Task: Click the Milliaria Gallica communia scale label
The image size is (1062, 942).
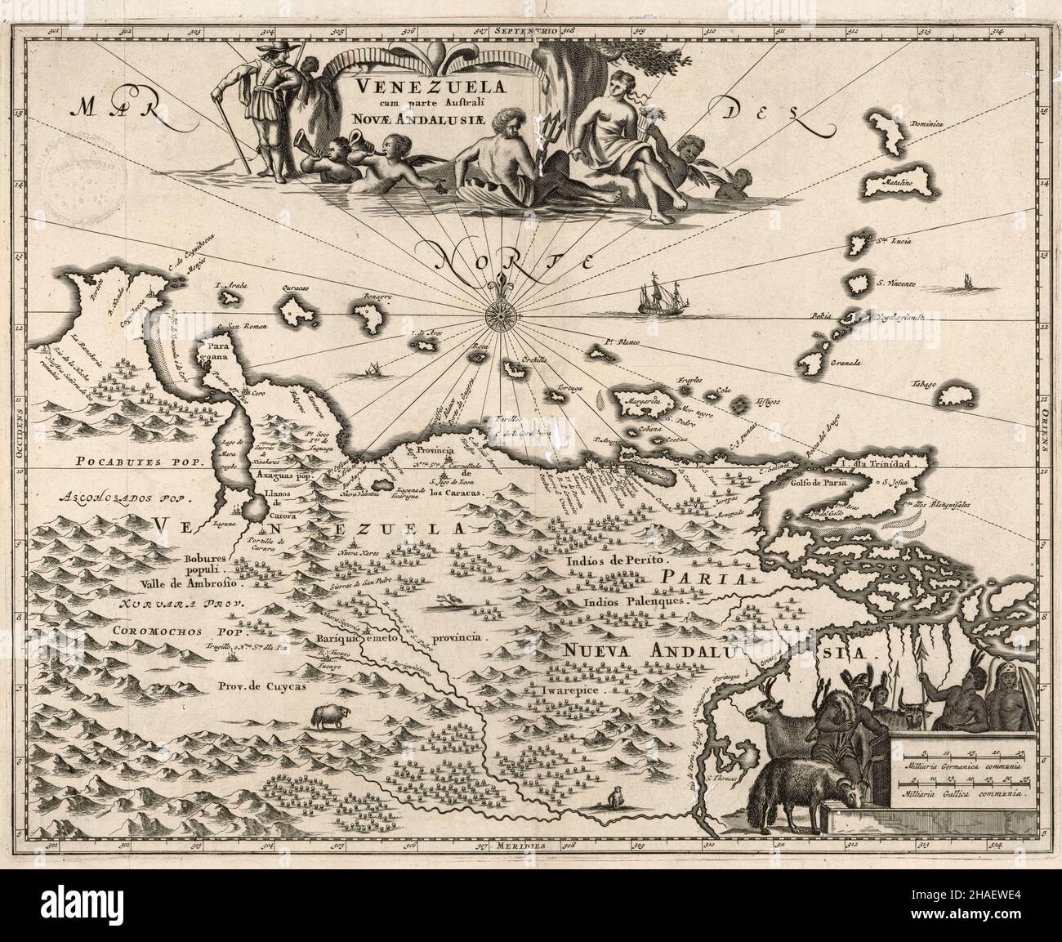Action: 964,793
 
